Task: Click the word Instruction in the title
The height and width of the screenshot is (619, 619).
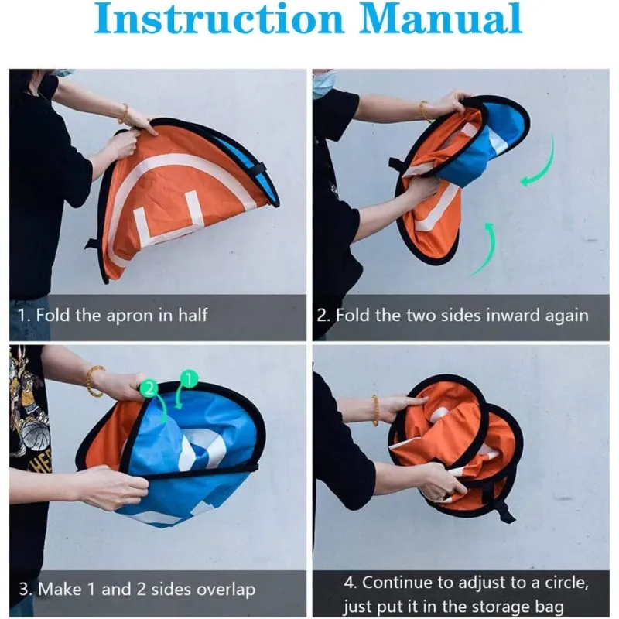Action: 219,19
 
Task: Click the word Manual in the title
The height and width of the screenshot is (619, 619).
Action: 440,19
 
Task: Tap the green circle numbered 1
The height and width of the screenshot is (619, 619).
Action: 189,379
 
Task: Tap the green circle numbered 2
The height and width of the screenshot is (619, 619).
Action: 149,389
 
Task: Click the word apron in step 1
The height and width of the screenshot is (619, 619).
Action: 129,316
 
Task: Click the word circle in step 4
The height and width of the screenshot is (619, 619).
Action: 566,583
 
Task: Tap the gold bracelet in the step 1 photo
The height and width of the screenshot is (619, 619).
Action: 124,114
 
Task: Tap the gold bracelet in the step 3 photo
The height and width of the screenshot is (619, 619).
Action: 94,381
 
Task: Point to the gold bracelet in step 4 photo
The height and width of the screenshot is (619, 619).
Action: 375,411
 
